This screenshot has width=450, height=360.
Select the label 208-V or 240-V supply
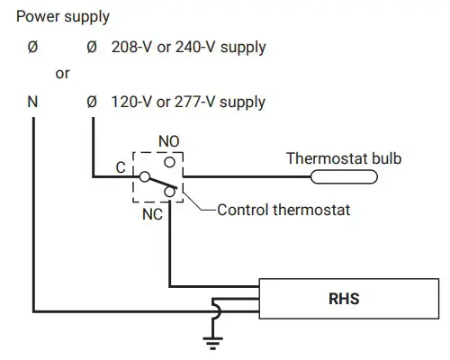(189, 46)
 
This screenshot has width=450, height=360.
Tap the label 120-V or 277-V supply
(189, 102)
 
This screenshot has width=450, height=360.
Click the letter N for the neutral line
(32, 102)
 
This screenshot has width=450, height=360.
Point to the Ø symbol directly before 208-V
(91, 46)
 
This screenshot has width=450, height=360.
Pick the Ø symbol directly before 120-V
(91, 102)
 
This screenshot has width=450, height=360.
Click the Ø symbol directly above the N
(32, 46)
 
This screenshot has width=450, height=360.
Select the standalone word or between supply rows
(62, 74)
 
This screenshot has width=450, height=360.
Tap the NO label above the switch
(168, 141)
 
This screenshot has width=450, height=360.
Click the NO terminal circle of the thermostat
(168, 158)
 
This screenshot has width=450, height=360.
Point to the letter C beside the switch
(121, 167)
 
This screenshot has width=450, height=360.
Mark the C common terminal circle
(142, 176)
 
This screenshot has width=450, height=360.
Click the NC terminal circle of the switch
(169, 190)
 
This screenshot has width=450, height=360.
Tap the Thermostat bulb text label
(343, 159)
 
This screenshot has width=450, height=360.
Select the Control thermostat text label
(283, 211)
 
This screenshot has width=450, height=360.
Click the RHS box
(344, 298)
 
